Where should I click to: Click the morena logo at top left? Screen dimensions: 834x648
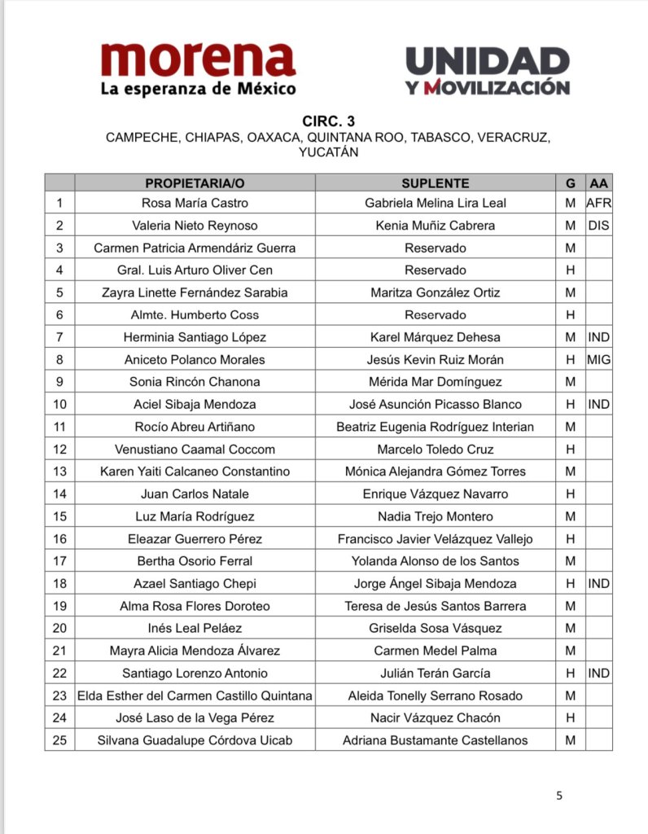pos(198,70)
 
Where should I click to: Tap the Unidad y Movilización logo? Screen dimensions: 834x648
pos(487,71)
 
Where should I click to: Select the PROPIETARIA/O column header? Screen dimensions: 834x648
pos(195,183)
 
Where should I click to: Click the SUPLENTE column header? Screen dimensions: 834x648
pos(436,183)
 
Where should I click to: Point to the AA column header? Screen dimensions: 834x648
pos(598,183)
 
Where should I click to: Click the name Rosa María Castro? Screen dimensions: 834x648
pos(195,203)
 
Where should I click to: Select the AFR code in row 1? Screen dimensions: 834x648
pos(598,203)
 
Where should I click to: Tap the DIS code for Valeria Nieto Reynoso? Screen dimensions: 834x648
pos(598,226)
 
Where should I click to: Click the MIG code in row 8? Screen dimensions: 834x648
pos(598,359)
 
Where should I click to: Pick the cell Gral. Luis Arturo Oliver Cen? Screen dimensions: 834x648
pos(195,270)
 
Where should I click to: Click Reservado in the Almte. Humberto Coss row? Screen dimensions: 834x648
pos(436,314)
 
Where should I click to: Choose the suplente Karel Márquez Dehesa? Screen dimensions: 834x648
pos(436,337)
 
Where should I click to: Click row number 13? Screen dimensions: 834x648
pos(59,472)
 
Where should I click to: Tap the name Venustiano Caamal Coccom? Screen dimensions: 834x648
pos(195,449)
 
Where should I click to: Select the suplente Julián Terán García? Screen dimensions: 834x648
pos(436,674)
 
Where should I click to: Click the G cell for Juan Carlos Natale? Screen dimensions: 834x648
pos(570,494)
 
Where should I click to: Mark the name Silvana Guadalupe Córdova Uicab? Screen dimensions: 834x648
pos(195,740)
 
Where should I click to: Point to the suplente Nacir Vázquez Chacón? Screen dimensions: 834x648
pos(436,718)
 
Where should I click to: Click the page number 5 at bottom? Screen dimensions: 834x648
pos(558,796)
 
